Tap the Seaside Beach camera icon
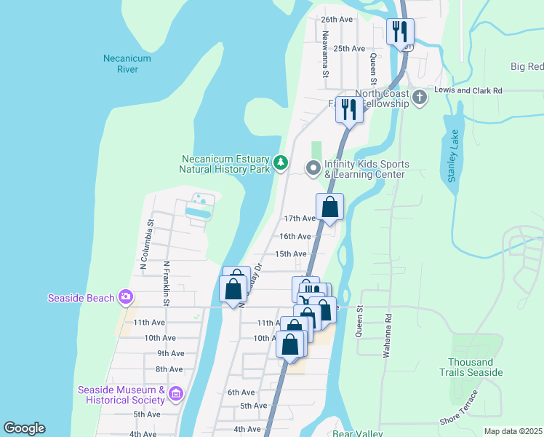pos(127,296)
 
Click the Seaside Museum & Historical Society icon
pos(175,394)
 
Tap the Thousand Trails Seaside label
pos(475,367)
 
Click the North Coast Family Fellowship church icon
pos(419,97)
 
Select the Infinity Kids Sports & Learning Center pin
pos(313,169)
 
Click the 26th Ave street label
pos(337,20)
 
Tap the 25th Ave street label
pos(348,49)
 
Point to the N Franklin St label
pos(167,283)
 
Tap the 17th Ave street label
pos(299,219)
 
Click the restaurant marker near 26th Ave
pos(399,32)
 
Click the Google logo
pos(24,428)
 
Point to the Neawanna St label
pos(326,58)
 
